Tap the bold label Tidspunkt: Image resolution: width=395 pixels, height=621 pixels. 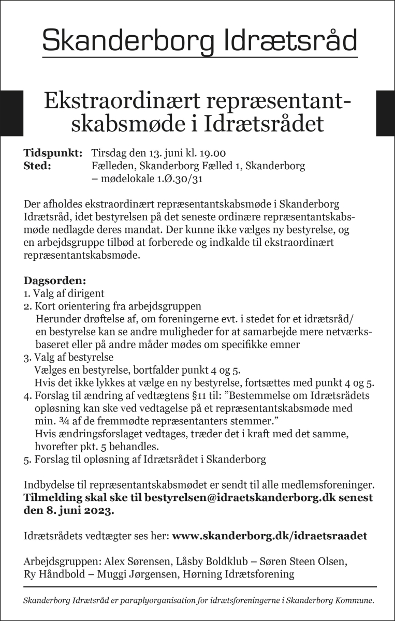pyautogui.click(x=53, y=154)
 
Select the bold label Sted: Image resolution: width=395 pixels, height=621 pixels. pyautogui.click(x=37, y=166)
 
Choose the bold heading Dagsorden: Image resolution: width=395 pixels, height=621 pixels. pyautogui.click(x=54, y=281)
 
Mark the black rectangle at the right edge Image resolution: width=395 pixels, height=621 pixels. pyautogui.click(x=385, y=113)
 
